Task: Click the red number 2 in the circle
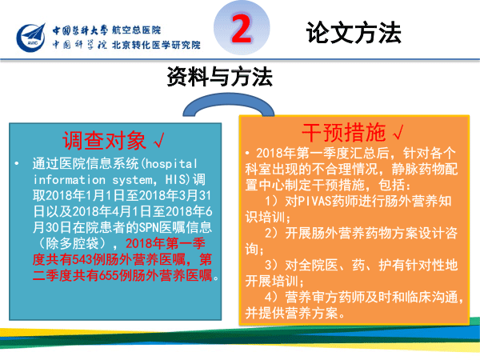click(242, 29)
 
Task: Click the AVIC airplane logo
click(31, 38)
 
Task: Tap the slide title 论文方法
click(354, 33)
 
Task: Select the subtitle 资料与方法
click(219, 77)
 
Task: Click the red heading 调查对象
click(104, 141)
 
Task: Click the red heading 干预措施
click(344, 132)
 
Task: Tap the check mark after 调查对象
click(159, 141)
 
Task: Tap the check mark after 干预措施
click(398, 132)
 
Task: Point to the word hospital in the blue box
click(171, 164)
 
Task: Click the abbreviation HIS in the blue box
click(175, 180)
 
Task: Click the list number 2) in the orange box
click(271, 234)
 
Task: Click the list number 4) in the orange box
click(271, 297)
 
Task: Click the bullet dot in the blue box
click(17, 164)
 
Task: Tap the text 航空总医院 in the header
click(136, 30)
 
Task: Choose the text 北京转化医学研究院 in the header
click(156, 45)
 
